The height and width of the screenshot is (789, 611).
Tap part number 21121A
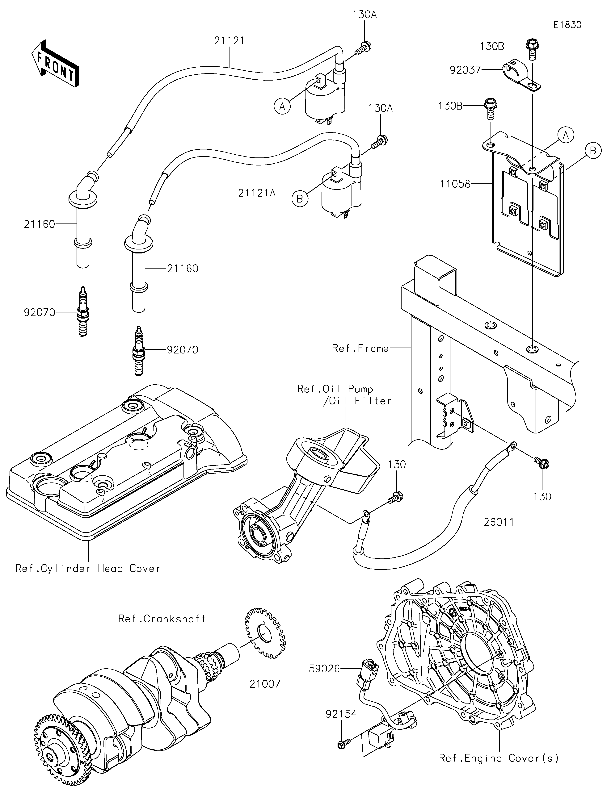[257, 193]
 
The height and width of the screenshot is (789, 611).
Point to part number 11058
[455, 184]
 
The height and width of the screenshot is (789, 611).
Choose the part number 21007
[265, 684]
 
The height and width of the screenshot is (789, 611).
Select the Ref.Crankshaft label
[162, 619]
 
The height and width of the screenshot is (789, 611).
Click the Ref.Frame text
[360, 348]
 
